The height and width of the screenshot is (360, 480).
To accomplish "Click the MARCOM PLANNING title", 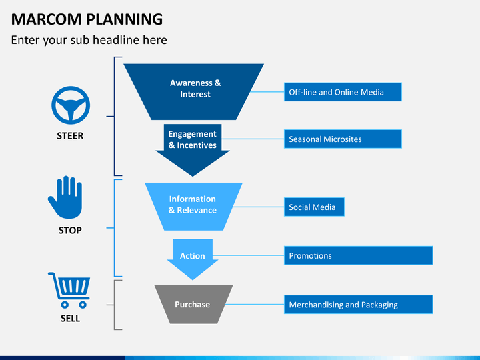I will click(x=87, y=18).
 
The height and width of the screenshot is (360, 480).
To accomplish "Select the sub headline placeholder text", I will click(x=89, y=40).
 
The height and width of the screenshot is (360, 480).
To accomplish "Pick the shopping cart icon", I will click(x=69, y=290).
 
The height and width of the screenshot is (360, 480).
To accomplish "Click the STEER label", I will click(x=70, y=136).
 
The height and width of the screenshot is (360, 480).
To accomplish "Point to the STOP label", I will click(x=70, y=230).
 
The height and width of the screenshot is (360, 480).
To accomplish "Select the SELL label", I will click(x=70, y=318).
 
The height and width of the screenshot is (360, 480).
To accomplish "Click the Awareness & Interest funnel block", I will click(x=195, y=89).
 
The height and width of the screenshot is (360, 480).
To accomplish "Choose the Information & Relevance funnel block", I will click(x=193, y=205).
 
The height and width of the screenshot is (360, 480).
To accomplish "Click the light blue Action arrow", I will click(x=193, y=256).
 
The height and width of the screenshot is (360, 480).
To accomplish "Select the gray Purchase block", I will click(x=193, y=305).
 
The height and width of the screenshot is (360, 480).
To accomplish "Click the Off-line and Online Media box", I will click(x=343, y=92).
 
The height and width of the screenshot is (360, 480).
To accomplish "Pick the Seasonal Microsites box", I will click(x=343, y=139).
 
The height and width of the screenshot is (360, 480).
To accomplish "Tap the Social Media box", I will click(x=314, y=207).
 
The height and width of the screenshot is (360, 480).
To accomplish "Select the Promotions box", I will click(x=358, y=255).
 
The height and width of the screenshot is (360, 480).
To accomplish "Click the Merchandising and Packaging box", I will click(x=358, y=305).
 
